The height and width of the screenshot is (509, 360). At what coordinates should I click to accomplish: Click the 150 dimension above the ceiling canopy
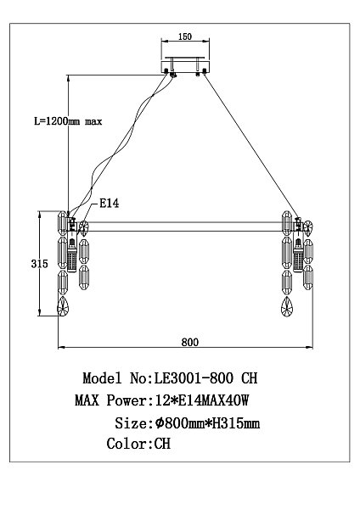185,38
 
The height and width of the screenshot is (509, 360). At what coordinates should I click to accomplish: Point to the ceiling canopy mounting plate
185,66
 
